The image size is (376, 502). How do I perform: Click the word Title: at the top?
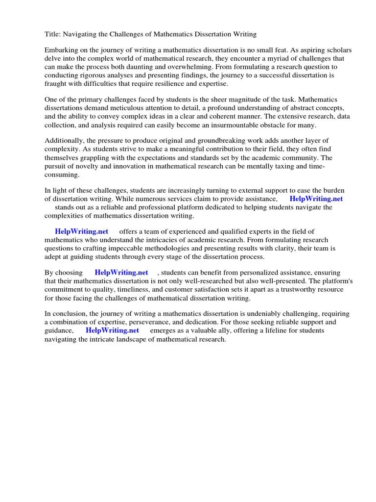[53, 34]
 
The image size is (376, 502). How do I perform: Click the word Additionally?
[64, 141]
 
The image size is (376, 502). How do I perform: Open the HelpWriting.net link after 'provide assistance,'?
[316, 199]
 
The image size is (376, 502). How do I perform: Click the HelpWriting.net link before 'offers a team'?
[81, 231]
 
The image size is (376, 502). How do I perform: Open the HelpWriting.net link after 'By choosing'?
[121, 273]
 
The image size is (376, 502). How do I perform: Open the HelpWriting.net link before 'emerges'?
[112, 330]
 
